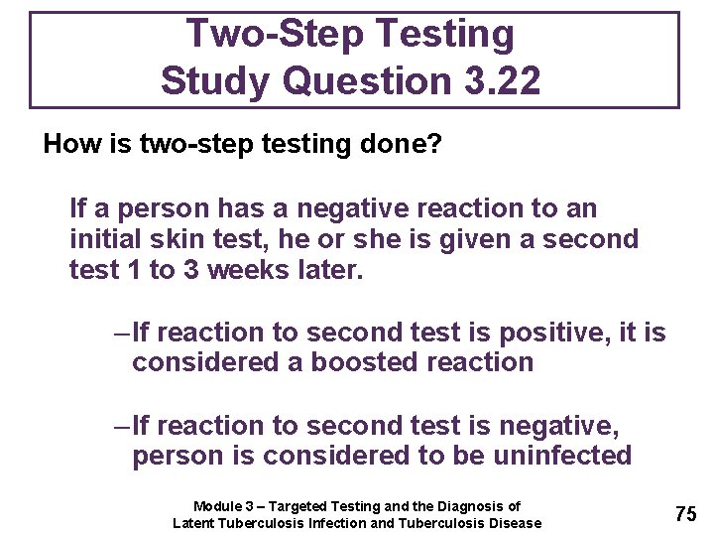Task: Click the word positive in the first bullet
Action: click(535, 333)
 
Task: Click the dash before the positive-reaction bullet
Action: click(122, 333)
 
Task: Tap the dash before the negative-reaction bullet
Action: click(122, 426)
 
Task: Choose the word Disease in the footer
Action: click(516, 523)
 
